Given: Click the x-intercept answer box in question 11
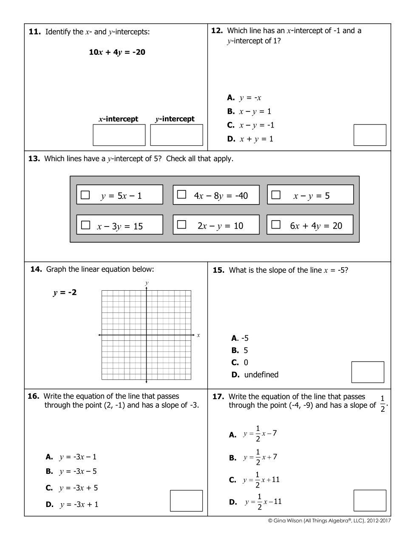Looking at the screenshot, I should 119,135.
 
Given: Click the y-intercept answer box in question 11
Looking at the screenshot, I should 176,135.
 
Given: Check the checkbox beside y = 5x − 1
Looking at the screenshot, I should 85,195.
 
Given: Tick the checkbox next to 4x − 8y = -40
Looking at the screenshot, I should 182,195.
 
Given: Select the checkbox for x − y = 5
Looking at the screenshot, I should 276,195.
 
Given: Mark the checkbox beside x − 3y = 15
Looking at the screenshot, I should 85,225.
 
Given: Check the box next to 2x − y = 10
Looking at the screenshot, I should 182,225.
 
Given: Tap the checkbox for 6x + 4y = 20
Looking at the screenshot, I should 276,225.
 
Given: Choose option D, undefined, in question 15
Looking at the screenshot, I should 255,375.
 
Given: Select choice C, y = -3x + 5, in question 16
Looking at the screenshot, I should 72,488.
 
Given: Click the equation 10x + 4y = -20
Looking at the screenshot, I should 117,52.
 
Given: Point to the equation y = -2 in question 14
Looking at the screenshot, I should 65,292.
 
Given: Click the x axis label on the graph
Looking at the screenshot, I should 198,335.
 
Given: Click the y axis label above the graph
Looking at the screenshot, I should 147,283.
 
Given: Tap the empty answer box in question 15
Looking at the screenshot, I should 368,372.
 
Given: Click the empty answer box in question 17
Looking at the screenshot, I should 370,501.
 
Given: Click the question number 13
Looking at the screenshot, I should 34,159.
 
